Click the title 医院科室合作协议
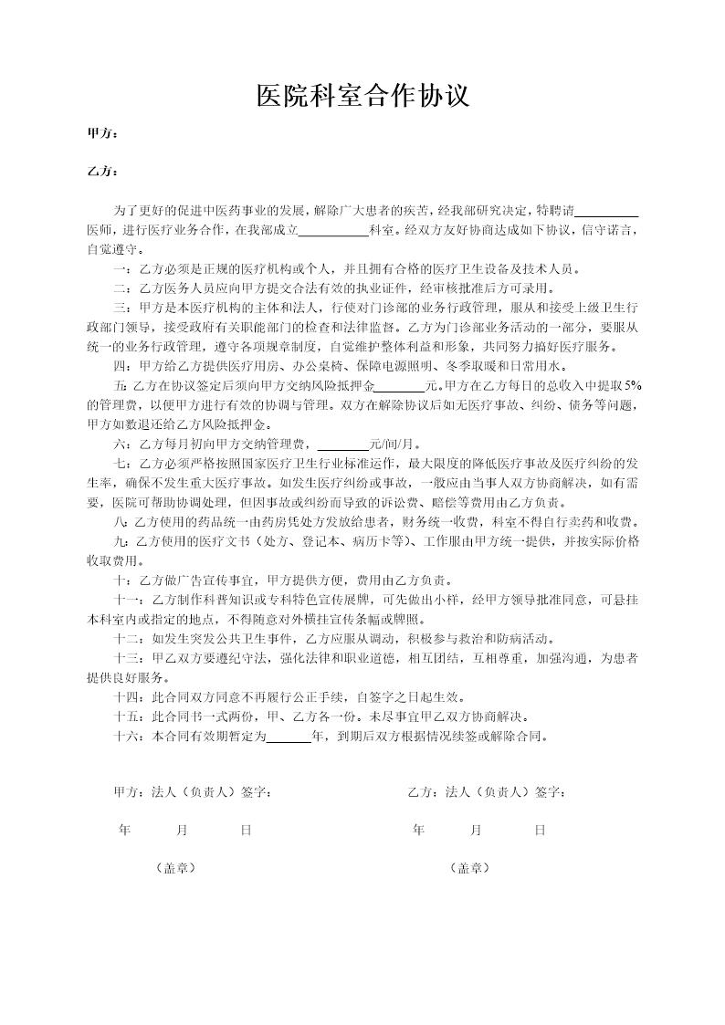coord(362,95)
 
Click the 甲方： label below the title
coord(101,134)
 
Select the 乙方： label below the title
coord(101,172)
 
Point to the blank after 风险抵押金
coord(400,386)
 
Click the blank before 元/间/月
coord(342,445)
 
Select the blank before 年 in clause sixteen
coord(288,736)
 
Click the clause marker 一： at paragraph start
coord(122,269)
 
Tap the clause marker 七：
coord(122,464)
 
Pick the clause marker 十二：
coord(128,638)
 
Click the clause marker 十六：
coord(128,736)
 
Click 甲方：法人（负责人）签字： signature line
coord(192,791)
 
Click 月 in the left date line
coord(182,831)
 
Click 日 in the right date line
coord(540,831)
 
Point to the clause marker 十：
coord(122,580)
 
